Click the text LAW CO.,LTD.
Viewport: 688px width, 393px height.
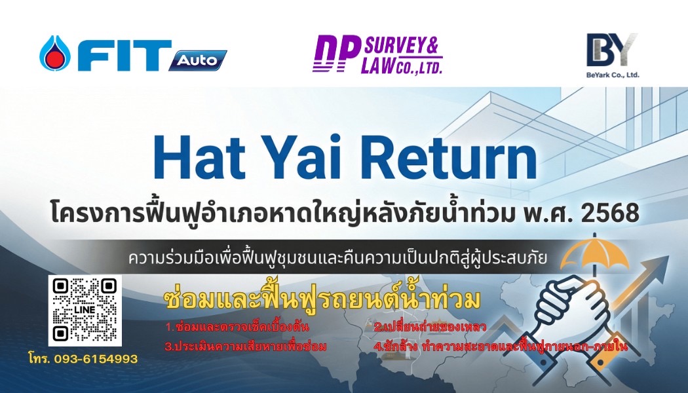coord(401,65)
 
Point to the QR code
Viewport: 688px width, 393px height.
coord(85,310)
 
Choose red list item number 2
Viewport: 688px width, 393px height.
coord(429,326)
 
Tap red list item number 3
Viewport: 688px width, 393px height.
coord(246,346)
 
